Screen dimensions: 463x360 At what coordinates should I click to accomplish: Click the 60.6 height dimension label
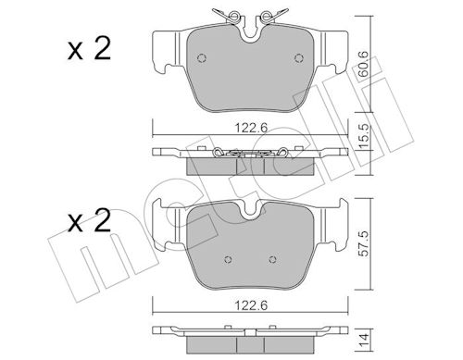[364, 64]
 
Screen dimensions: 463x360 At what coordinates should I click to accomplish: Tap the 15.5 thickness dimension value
[364, 137]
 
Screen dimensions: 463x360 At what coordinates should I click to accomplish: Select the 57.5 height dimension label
[364, 244]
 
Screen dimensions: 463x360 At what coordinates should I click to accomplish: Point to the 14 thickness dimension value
[364, 340]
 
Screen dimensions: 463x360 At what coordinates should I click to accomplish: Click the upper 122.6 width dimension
[251, 128]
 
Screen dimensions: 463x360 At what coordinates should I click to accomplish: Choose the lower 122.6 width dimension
[251, 305]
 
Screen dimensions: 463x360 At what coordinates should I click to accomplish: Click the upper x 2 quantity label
[89, 49]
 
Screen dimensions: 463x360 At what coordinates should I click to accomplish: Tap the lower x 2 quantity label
[89, 221]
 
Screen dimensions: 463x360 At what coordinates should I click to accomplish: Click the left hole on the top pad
[202, 58]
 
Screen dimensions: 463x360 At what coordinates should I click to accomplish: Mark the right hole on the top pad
[299, 58]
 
